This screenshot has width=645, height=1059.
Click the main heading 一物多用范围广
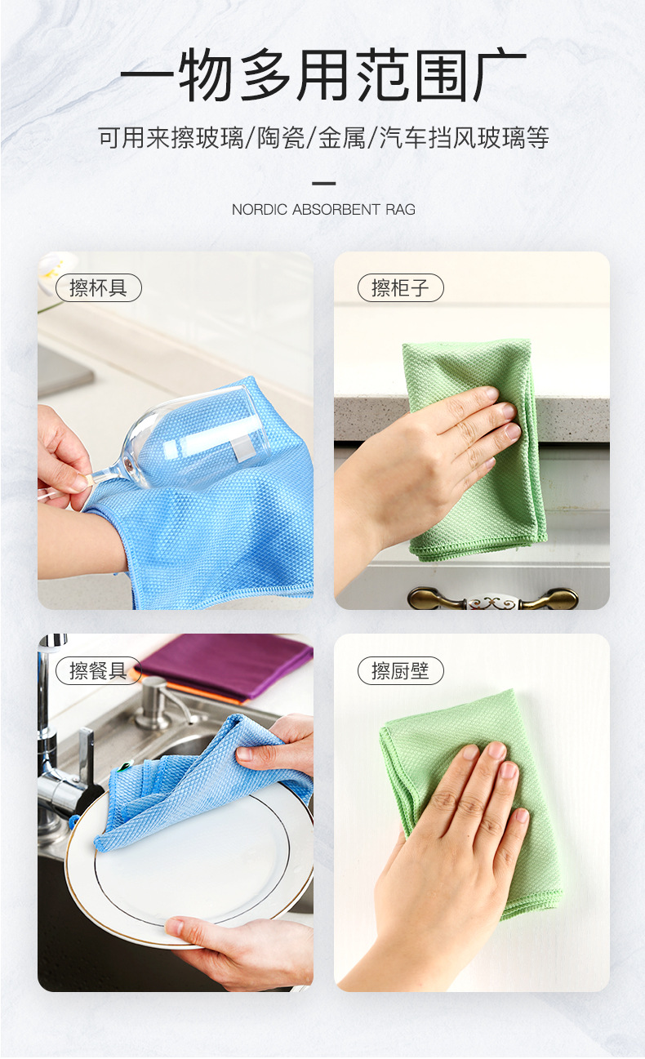pos(323,74)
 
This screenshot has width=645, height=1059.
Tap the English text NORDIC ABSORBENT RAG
pos(323,210)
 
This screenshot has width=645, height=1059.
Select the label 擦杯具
pos(98,288)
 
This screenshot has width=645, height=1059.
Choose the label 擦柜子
pos(401,288)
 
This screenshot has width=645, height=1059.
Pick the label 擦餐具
pos(98,671)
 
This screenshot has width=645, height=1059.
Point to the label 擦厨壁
pos(401,671)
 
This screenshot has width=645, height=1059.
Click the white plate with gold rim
pos(189,865)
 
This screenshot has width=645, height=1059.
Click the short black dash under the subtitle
pos(323,183)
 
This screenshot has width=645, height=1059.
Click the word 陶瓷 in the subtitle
pos(281,138)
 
